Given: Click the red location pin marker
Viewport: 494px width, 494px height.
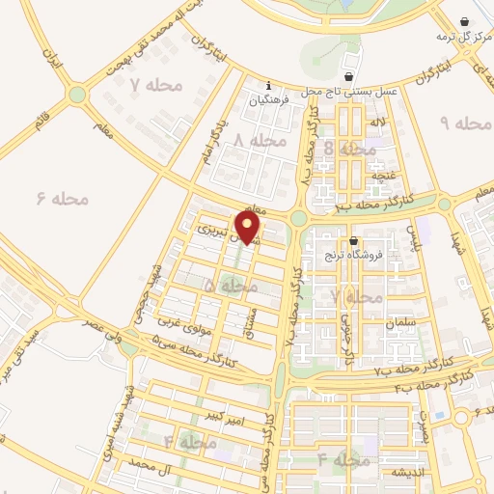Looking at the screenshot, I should pyautogui.click(x=248, y=227).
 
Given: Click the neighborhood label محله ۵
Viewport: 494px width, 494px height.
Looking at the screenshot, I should pyautogui.click(x=232, y=286).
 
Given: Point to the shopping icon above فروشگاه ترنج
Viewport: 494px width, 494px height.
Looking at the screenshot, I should pyautogui.click(x=354, y=241).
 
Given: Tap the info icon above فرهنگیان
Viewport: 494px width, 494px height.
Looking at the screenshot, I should pyautogui.click(x=269, y=85).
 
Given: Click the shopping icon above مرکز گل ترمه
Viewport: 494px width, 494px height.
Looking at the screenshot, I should pyautogui.click(x=466, y=21).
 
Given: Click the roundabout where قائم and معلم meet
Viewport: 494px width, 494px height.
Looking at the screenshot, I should pyautogui.click(x=76, y=95).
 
